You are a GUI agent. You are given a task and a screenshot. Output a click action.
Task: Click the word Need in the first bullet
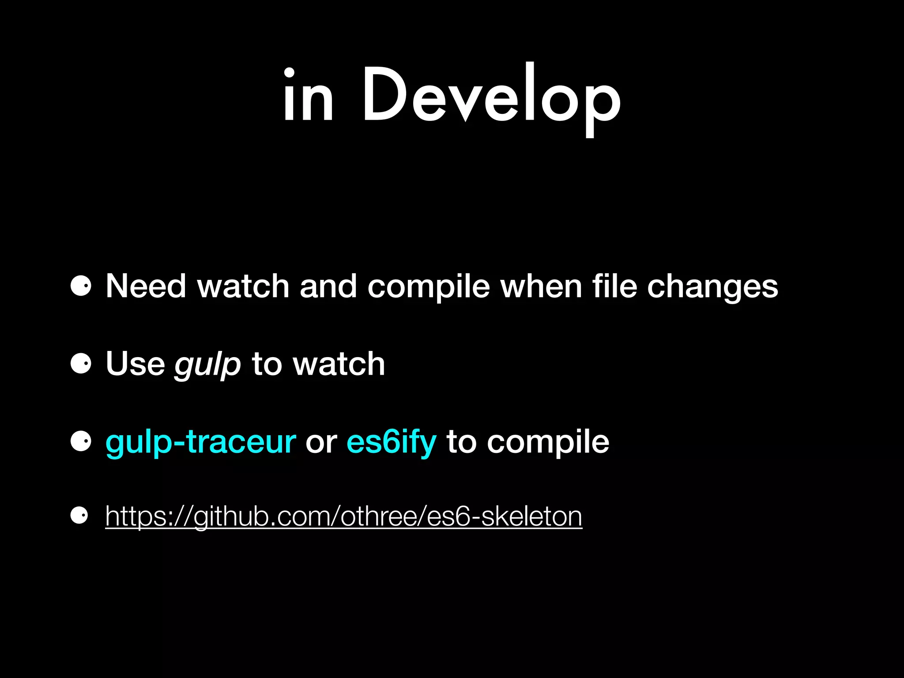146,286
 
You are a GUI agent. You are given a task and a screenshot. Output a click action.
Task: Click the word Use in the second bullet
135,364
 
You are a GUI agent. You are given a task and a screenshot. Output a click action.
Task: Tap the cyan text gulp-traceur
201,442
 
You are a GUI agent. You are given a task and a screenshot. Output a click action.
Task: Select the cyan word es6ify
392,442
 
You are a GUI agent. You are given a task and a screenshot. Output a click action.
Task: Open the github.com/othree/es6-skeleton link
343,516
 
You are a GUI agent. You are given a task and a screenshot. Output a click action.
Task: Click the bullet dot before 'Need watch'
81,286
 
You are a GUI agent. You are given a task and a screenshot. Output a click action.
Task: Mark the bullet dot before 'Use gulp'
81,364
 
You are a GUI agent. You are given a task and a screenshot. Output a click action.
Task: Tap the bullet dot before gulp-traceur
81,441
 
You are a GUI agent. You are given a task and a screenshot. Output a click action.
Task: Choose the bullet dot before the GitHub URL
79,515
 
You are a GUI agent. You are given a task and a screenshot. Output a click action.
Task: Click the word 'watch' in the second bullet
339,364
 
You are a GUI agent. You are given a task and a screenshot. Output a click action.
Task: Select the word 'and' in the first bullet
328,286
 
